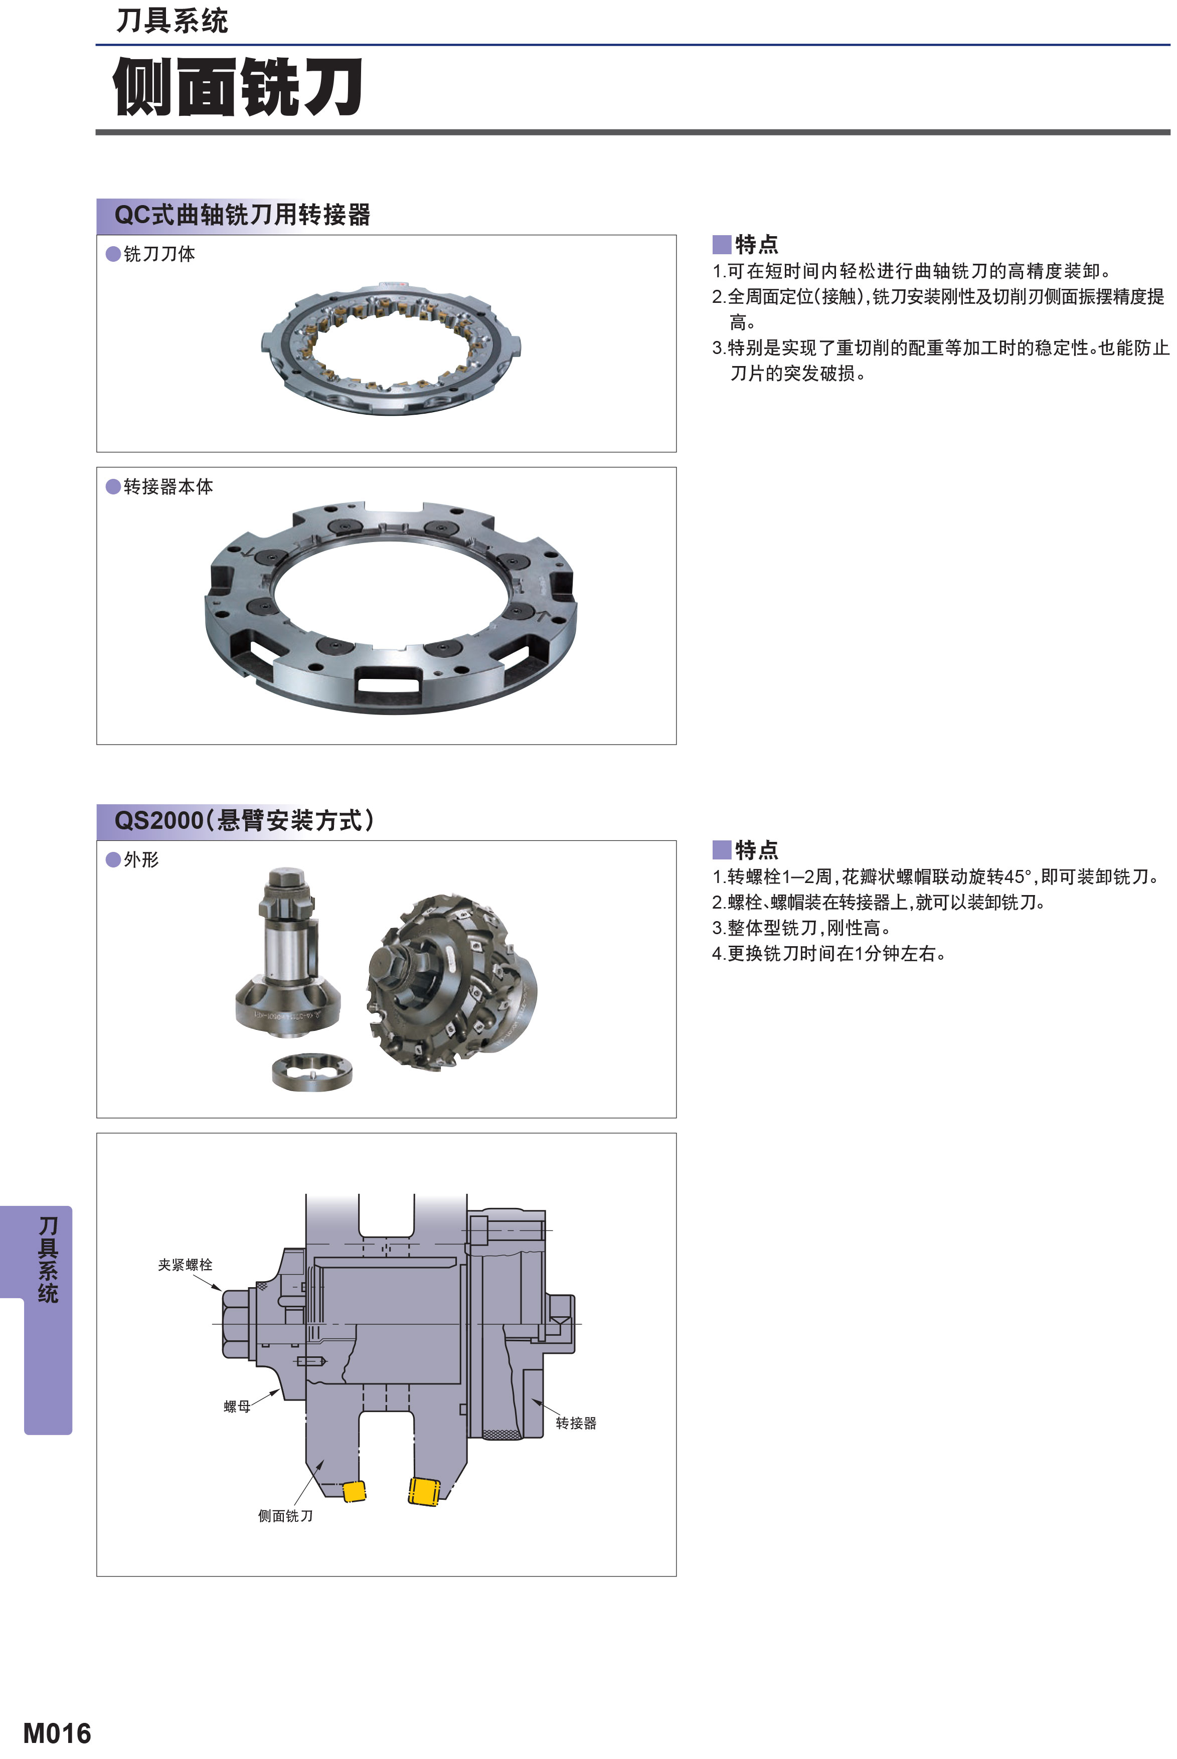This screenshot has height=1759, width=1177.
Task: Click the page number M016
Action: [x=57, y=1733]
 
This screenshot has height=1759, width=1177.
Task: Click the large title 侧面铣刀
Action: [x=238, y=87]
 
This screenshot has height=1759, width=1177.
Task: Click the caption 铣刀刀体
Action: [x=159, y=254]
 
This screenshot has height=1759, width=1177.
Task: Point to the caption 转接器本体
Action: [x=168, y=487]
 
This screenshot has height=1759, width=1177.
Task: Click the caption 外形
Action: [x=141, y=860]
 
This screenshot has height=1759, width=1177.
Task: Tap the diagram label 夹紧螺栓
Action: [x=185, y=1265]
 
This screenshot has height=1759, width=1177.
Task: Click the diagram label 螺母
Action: [x=237, y=1406]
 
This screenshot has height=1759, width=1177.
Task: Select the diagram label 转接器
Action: [x=576, y=1423]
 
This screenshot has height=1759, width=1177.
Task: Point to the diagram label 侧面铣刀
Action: [x=285, y=1516]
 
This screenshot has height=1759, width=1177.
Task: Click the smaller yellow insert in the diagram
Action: [x=354, y=1491]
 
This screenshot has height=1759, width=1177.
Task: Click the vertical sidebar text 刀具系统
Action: [x=48, y=1260]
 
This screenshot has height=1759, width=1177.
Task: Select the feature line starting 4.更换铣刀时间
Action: [x=828, y=953]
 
